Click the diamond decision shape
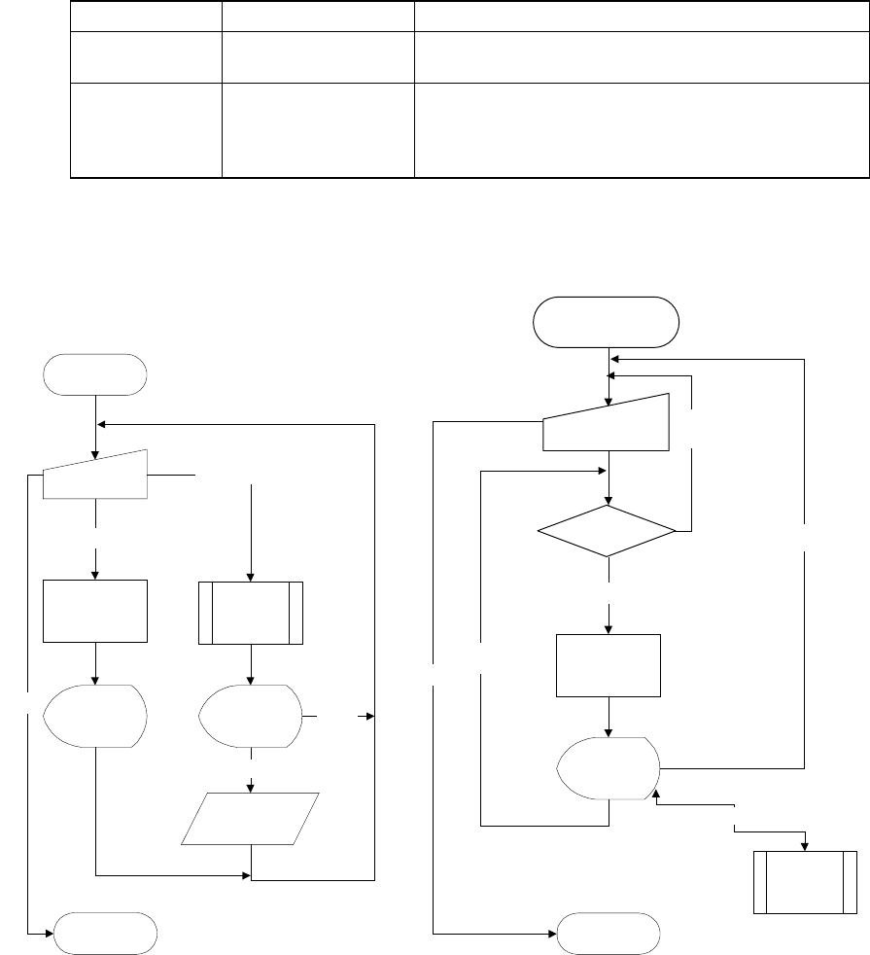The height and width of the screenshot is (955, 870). tap(608, 531)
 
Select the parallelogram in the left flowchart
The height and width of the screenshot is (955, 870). tap(252, 818)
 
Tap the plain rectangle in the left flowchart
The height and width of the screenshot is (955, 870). tap(96, 611)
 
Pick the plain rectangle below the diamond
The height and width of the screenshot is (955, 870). tap(608, 665)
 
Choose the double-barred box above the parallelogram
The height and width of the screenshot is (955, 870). tap(251, 612)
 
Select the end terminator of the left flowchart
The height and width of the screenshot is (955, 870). tap(105, 934)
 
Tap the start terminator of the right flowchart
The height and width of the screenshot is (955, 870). tap(607, 322)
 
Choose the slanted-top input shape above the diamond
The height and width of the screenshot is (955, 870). tap(607, 423)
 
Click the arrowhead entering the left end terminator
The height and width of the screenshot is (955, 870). tap(48, 934)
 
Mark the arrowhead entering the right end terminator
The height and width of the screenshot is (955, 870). tap(551, 934)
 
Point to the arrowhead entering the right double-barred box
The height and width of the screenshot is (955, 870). tap(805, 846)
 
